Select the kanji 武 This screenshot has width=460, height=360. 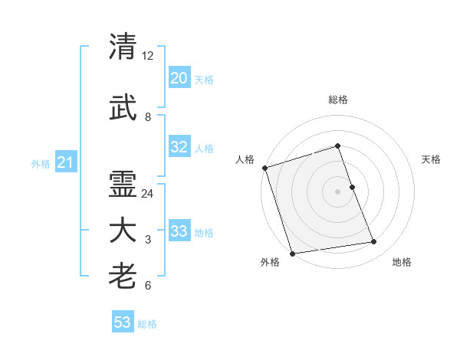coord(123,110)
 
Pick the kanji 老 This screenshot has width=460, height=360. coord(123,276)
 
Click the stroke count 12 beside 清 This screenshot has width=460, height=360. coord(148,56)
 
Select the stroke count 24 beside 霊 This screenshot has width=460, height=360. coord(148,194)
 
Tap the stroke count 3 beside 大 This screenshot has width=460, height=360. coord(148,241)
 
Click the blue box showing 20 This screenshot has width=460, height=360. coord(179,78)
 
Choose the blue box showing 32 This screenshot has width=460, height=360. coord(179,147)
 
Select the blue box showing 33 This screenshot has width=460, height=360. coord(179,231)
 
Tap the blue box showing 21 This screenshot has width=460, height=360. coord(64,162)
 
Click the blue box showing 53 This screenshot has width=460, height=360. coord(122,322)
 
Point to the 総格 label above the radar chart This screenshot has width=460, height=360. coord(337,100)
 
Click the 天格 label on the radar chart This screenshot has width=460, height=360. coord(432,159)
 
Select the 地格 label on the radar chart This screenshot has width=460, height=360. coord(402,262)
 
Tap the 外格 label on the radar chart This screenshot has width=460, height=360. coord(270,262)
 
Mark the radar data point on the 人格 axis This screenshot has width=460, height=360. coord(264,168)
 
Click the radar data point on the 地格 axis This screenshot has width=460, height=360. coord(373,242)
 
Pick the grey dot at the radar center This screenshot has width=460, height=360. coord(337,191)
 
